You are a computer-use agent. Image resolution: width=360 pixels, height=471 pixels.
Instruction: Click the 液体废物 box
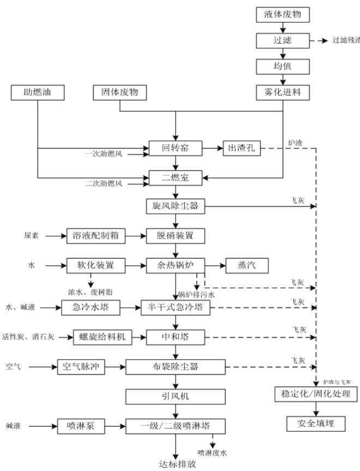[283, 15]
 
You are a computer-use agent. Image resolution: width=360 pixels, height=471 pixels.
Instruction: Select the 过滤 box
[283, 41]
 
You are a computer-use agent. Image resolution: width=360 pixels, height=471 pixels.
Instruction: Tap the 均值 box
[283, 67]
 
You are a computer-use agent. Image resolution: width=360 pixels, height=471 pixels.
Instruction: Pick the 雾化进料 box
[283, 93]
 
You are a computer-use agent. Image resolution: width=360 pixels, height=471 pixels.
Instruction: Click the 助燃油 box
[38, 93]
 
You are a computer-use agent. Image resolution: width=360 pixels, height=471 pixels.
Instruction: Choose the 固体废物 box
[119, 93]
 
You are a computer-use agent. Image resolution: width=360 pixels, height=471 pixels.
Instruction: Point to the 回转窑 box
[176, 148]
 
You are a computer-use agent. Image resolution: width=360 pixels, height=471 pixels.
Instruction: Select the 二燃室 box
[176, 177]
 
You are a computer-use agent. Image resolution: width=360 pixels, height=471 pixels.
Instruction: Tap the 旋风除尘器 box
[176, 206]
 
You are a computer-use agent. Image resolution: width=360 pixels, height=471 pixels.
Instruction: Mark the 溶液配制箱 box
[96, 236]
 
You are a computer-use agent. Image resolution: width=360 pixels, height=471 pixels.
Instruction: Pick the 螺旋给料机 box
[103, 337]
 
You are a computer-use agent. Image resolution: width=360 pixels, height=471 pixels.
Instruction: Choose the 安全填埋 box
[316, 423]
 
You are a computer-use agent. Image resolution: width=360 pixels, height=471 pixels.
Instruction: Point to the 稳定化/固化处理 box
[316, 394]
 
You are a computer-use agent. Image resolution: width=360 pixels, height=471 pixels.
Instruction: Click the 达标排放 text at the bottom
[176, 464]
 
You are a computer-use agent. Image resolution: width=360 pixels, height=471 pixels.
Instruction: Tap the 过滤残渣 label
[346, 41]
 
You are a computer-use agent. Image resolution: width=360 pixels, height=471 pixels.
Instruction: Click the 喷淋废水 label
[212, 452]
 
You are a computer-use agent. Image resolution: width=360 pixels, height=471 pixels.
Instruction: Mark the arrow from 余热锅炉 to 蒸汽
[214, 265]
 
